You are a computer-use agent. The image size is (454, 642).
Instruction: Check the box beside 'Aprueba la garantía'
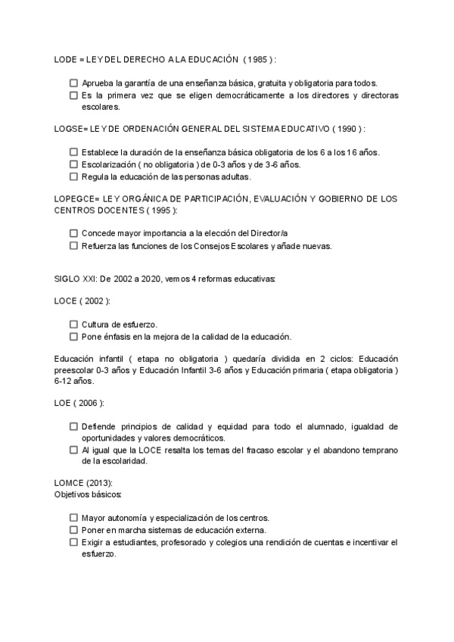click(x=73, y=83)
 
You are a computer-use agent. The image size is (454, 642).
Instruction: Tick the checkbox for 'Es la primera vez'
click(x=73, y=95)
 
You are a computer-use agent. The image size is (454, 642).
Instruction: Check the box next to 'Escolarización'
click(x=73, y=164)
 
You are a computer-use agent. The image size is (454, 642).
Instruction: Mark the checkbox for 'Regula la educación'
click(x=73, y=176)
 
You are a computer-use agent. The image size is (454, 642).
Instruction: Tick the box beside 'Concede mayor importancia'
click(x=73, y=234)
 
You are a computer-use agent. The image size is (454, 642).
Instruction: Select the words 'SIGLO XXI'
click(x=73, y=279)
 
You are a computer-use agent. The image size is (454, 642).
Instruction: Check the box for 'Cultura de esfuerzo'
click(x=73, y=324)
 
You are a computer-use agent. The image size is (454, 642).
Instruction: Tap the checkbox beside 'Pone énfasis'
click(x=73, y=336)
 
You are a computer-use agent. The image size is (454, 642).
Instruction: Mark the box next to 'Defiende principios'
click(x=73, y=426)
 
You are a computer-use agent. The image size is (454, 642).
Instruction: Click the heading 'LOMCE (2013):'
click(x=82, y=483)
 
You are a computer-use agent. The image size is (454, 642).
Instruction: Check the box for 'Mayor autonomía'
click(x=73, y=518)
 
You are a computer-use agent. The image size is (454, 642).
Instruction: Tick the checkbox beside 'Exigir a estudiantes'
click(x=73, y=542)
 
